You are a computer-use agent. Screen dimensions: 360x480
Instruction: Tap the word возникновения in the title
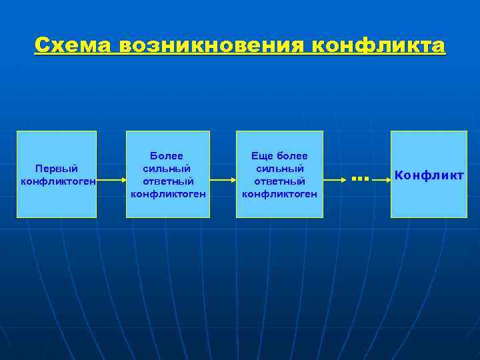point(212,45)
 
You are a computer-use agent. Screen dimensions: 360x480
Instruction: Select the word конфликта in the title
point(379,45)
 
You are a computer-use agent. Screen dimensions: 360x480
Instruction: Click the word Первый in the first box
point(57,169)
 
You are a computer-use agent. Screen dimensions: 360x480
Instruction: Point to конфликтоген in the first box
point(59,181)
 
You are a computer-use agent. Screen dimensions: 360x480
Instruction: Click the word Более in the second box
point(168,156)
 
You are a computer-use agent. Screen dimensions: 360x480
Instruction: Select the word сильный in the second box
point(168,169)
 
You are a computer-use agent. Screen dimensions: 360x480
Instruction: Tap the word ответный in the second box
point(168,181)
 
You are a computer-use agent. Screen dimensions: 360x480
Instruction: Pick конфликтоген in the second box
point(168,194)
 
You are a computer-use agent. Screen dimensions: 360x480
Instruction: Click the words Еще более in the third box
point(279,156)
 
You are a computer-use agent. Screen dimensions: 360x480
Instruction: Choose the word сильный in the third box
point(279,169)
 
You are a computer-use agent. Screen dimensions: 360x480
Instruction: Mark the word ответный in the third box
point(279,181)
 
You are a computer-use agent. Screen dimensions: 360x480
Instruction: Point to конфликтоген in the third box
point(279,194)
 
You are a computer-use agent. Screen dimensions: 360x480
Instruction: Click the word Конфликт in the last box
point(429,175)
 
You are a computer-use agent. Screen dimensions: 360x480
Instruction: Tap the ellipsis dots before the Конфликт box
point(360,178)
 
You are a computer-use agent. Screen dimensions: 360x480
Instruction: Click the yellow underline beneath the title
point(240,55)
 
